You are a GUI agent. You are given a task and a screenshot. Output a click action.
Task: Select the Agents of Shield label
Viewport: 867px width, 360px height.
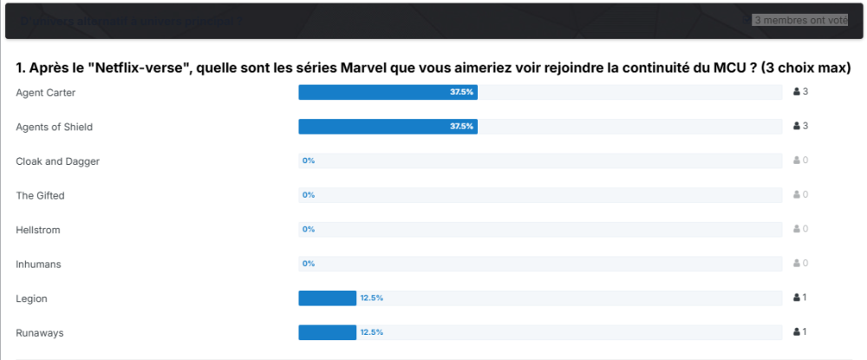coord(54,127)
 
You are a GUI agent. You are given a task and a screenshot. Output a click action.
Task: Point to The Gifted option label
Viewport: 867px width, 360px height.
coord(40,195)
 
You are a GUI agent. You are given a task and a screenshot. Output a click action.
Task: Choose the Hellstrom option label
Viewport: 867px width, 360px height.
coord(38,230)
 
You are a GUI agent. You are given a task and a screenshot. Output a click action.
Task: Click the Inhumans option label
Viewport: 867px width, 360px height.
coord(38,264)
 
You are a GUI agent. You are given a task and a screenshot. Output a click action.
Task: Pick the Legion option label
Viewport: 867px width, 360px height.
coord(31,298)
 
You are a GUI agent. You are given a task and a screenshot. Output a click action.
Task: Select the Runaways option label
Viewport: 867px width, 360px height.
coord(40,332)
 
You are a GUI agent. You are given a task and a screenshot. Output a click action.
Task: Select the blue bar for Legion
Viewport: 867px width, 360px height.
coord(327,298)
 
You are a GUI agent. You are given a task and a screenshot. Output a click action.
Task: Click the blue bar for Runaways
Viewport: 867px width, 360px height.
coord(327,332)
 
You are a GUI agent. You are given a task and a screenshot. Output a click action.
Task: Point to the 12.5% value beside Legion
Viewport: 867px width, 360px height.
coord(372,298)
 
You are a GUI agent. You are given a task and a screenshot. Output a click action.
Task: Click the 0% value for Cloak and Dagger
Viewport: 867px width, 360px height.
coord(309,161)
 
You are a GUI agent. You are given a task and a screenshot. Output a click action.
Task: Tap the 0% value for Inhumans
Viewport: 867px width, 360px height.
coord(309,264)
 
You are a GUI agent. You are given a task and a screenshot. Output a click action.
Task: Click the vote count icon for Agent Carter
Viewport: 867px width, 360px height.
coord(797,92)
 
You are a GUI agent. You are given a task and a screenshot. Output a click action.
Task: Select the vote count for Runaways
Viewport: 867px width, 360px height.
coord(801,332)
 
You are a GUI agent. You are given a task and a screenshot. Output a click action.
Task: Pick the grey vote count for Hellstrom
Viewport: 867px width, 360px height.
coord(801,230)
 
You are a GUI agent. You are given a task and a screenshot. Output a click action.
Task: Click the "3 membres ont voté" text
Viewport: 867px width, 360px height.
coord(800,20)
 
